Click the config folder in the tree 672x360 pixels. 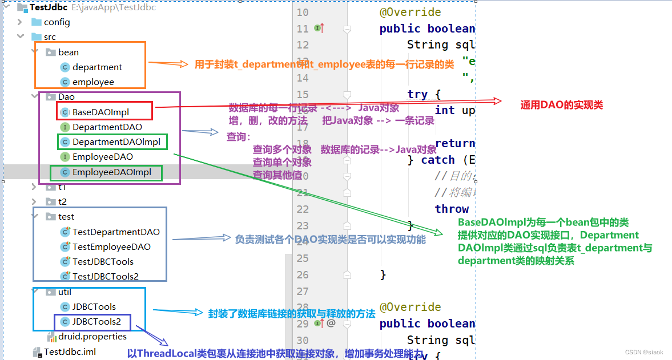pos(57,22)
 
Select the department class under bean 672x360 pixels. pos(97,67)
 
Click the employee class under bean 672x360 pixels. pos(93,82)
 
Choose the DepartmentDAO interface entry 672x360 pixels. pos(107,127)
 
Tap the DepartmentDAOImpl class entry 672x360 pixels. pos(116,141)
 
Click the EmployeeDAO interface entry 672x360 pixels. pos(103,156)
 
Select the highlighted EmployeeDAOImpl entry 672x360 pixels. pos(111,172)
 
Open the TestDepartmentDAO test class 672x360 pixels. pos(116,232)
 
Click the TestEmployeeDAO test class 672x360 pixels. pos(111,247)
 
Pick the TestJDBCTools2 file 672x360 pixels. pos(105,277)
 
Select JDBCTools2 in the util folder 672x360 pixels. pos(96,322)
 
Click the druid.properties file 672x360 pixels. pos(92,337)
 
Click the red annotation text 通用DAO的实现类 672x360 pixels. pos(561,105)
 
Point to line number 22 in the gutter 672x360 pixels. pos(303,209)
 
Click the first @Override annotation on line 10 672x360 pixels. pos(411,13)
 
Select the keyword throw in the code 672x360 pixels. pos(452,209)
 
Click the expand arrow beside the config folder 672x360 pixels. pos(20,22)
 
